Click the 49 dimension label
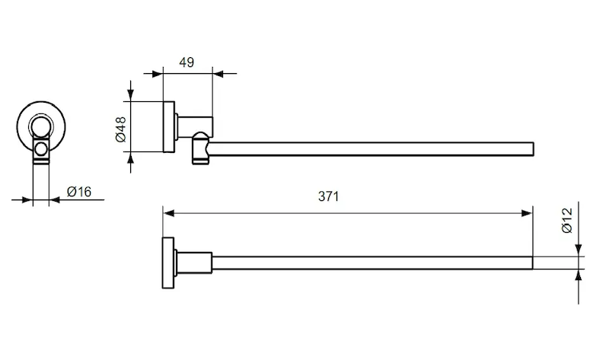[187, 62]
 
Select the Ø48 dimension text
[121, 129]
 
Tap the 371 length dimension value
[328, 196]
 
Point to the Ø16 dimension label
[79, 192]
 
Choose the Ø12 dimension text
[567, 220]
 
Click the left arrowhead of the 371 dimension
[168, 213]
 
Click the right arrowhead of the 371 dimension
[528, 213]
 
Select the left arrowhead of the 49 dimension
[158, 73]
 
